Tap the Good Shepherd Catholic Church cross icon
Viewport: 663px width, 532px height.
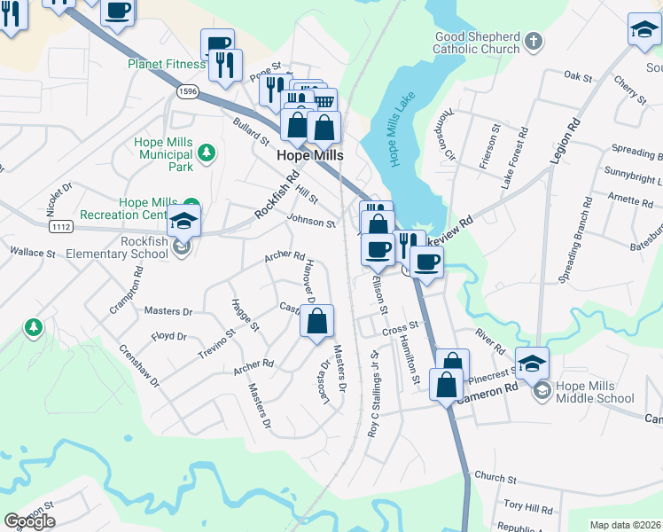(x=534, y=41)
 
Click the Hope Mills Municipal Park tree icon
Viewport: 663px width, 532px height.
(x=207, y=153)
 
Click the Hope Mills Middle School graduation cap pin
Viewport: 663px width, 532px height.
(x=532, y=364)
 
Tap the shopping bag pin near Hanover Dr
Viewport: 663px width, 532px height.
(x=317, y=321)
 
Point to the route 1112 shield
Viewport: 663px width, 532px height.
(x=60, y=228)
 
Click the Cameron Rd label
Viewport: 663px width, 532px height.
(x=487, y=391)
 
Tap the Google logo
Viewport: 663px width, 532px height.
(x=29, y=521)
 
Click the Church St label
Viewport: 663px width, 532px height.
(x=495, y=479)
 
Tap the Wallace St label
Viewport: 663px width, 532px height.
(x=33, y=253)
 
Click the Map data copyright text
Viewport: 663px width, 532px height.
(x=626, y=525)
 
